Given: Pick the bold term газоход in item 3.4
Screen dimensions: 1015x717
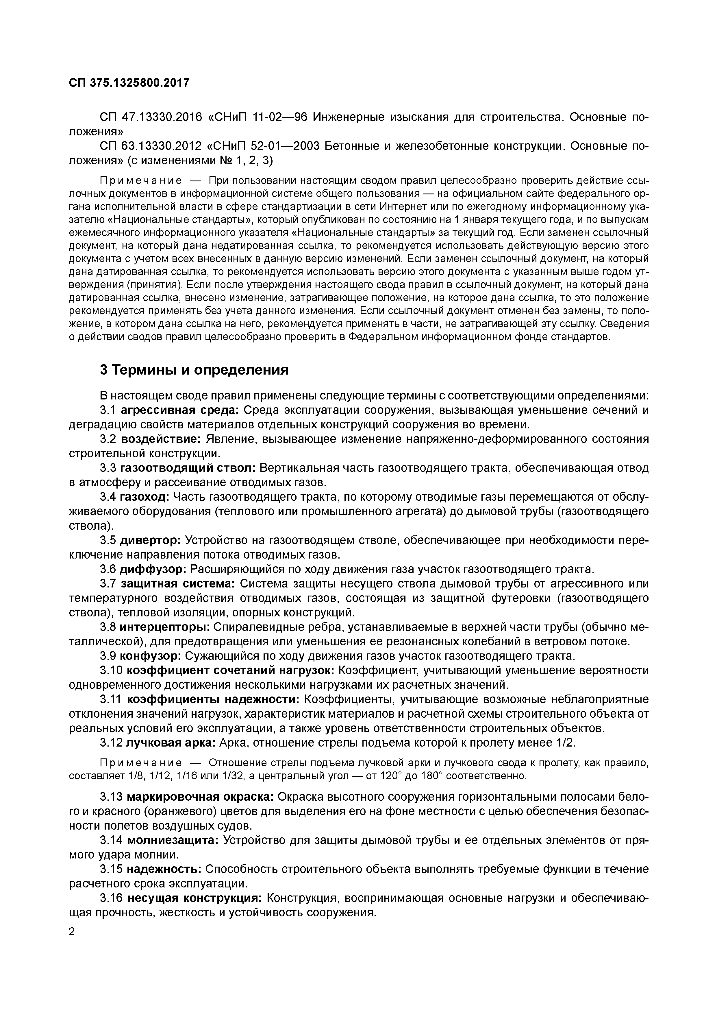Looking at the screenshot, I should (x=144, y=497).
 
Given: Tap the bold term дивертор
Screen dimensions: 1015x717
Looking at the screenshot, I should (x=150, y=540).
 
